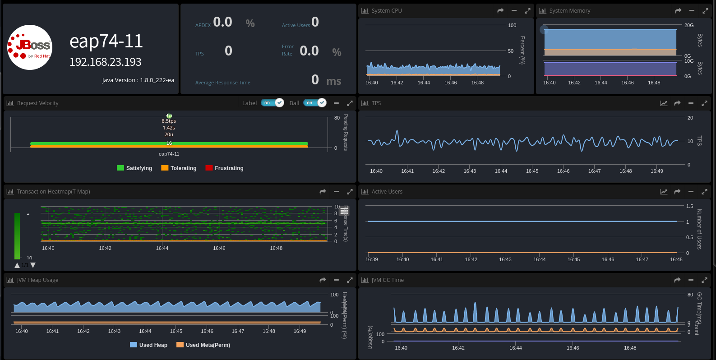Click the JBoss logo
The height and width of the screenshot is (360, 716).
[30, 47]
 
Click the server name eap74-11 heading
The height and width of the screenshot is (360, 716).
[106, 42]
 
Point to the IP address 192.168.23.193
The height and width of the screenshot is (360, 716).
[105, 62]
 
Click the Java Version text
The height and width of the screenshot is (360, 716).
[138, 80]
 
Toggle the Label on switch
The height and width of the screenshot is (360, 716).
[273, 103]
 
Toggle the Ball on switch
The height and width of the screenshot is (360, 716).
[315, 103]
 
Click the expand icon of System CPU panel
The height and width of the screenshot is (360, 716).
[527, 11]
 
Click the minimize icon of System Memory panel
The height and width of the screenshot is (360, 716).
[692, 11]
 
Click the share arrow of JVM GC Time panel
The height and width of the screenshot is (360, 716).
[677, 280]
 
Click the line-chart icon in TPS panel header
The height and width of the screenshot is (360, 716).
[664, 103]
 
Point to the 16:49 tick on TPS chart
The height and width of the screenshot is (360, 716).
[656, 171]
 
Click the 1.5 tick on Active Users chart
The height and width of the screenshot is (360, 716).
[689, 206]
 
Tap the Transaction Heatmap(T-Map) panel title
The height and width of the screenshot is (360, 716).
[53, 192]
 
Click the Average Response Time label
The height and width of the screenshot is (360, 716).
[222, 83]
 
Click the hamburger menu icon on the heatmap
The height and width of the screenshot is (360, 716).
[344, 211]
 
